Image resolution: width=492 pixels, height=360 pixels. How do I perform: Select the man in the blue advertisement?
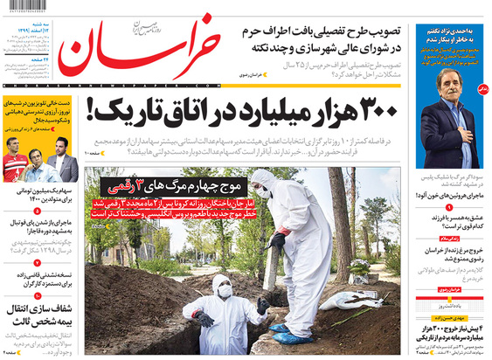[454, 122]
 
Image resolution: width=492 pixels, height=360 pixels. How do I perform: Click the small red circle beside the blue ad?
[484, 89]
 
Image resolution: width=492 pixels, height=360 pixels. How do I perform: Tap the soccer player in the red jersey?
[16, 162]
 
